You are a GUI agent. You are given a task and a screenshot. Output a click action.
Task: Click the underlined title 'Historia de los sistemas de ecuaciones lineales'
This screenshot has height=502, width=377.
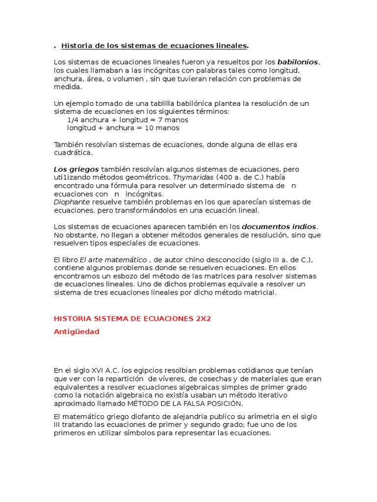(x=154, y=46)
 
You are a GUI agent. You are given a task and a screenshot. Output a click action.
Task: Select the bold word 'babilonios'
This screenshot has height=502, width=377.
(x=298, y=62)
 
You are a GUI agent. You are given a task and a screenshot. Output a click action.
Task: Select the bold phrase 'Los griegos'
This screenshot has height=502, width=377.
(x=76, y=169)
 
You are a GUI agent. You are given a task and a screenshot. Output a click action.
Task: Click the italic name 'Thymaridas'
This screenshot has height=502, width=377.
(x=193, y=177)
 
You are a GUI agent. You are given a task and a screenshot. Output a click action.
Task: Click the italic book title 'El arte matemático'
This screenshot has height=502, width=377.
(x=113, y=260)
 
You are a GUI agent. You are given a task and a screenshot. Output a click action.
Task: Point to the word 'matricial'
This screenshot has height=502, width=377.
(x=261, y=293)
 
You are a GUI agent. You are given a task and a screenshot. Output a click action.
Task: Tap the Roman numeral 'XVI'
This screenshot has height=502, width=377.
(x=93, y=371)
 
